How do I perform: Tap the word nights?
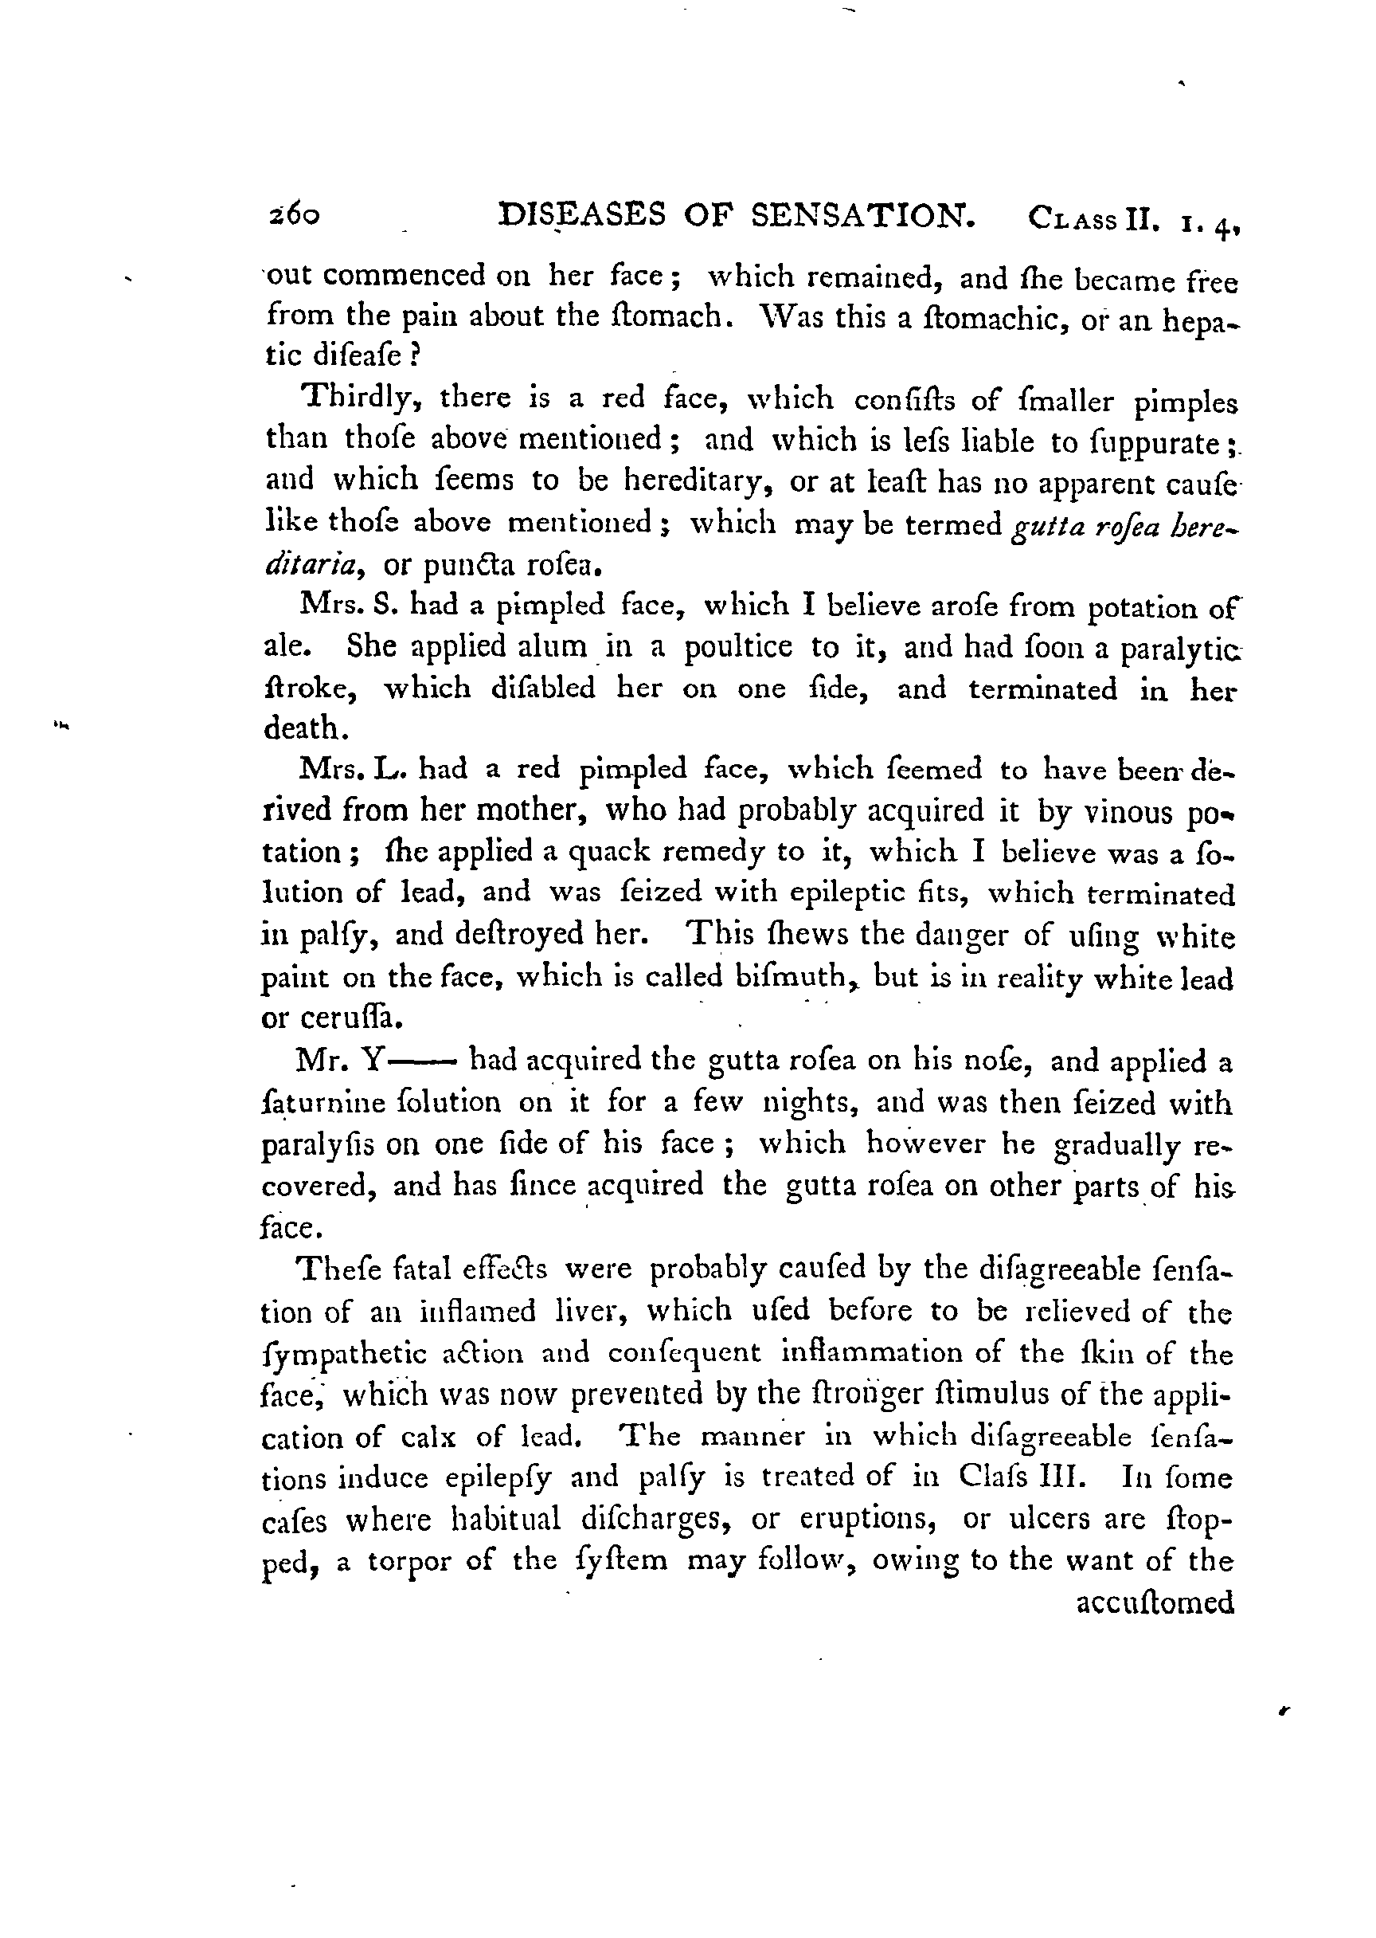(x=812, y=1104)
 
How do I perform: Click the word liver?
(x=588, y=1312)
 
